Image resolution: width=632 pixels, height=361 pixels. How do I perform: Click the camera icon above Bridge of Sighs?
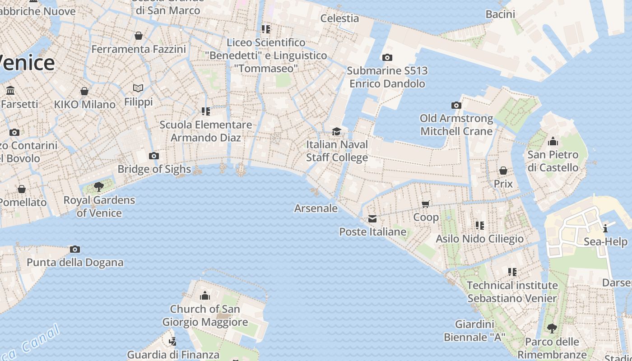click(154, 156)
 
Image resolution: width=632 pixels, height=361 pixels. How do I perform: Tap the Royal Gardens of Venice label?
click(99, 206)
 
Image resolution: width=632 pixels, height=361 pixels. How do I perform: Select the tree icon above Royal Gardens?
click(99, 186)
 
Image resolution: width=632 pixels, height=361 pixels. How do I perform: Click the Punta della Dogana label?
click(75, 262)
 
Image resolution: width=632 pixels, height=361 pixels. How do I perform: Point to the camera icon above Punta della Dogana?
click(75, 249)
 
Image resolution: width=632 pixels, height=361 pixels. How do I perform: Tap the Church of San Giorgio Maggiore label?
click(205, 315)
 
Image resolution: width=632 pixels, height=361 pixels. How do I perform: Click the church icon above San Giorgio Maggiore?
click(205, 296)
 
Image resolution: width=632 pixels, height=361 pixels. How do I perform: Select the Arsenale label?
click(316, 208)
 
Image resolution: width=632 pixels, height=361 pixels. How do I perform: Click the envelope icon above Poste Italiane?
click(372, 219)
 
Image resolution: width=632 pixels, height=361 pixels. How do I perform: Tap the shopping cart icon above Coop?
click(426, 204)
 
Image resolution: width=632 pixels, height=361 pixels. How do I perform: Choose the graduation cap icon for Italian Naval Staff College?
click(336, 131)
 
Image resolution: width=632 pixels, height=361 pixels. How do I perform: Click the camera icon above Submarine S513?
click(387, 57)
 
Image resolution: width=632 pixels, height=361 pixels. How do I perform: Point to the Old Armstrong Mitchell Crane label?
click(456, 125)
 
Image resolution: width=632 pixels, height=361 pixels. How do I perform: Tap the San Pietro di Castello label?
click(553, 161)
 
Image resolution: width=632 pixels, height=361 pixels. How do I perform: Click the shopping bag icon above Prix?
click(503, 171)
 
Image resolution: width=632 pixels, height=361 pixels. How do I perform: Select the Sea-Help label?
click(605, 241)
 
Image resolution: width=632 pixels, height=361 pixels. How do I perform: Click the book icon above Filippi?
click(138, 88)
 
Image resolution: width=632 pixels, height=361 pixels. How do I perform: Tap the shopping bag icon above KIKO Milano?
click(84, 92)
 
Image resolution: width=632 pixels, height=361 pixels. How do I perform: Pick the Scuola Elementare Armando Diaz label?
click(206, 131)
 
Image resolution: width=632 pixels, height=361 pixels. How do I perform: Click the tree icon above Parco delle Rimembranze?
click(552, 328)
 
